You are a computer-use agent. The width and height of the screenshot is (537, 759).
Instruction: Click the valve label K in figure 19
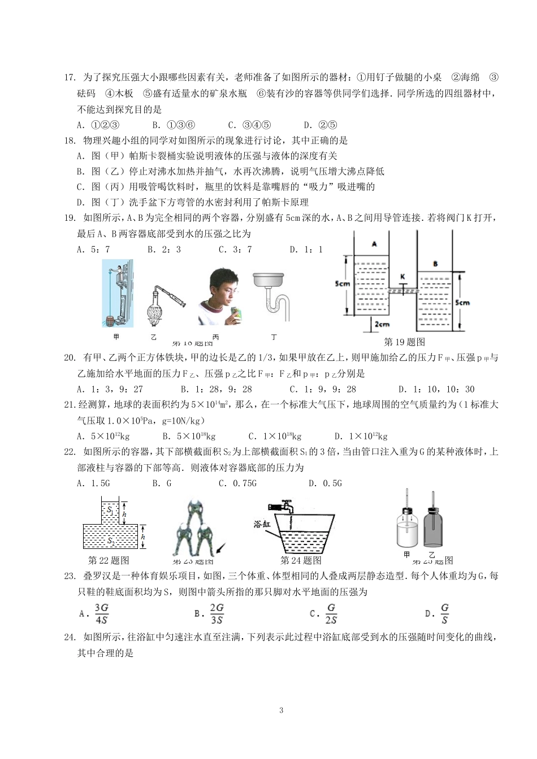pyautogui.click(x=402, y=277)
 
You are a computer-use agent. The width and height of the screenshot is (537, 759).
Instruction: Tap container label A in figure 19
pyautogui.click(x=374, y=244)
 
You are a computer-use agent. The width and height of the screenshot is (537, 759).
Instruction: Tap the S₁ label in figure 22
pyautogui.click(x=110, y=509)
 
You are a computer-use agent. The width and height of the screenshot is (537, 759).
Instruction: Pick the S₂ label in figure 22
pyautogui.click(x=110, y=541)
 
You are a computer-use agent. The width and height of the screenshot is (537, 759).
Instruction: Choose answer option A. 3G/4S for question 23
pyautogui.click(x=97, y=613)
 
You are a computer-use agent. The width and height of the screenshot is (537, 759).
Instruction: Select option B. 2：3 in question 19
pyautogui.click(x=164, y=249)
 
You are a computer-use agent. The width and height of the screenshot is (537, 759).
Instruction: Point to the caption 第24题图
pyautogui.click(x=301, y=560)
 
